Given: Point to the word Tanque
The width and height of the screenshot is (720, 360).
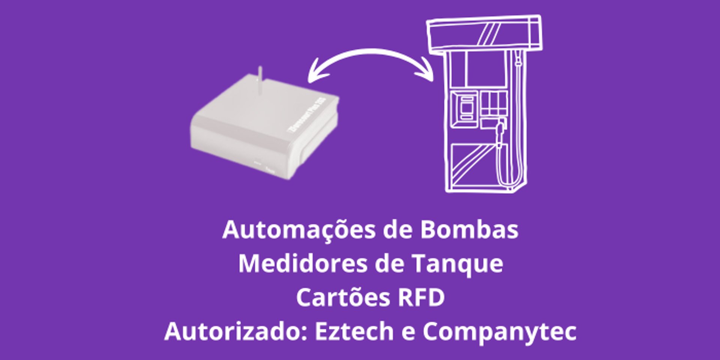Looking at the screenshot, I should coord(457,263).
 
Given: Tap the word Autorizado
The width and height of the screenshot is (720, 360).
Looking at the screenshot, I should coord(235,331).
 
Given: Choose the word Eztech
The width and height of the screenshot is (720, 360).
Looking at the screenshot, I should coord(354,331).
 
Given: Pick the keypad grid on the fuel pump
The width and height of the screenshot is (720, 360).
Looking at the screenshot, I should coord(493,103).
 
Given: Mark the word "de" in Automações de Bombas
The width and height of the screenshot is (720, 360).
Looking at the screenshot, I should coord(397,229).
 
